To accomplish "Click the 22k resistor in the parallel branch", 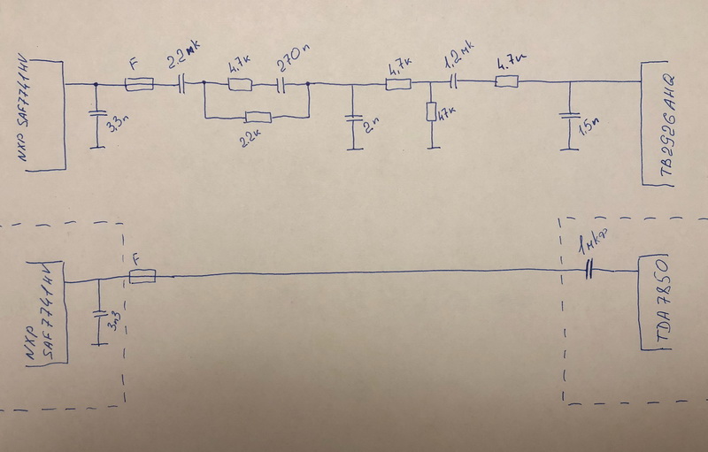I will pyautogui.click(x=258, y=116).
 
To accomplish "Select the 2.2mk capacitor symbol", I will pyautogui.click(x=182, y=84).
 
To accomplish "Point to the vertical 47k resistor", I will pyautogui.click(x=431, y=113).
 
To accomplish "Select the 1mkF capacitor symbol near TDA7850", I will pyautogui.click(x=589, y=273).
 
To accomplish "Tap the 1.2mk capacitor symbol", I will pyautogui.click(x=453, y=84).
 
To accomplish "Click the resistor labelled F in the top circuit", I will pyautogui.click(x=140, y=85).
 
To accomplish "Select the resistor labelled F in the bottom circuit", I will pyautogui.click(x=142, y=278).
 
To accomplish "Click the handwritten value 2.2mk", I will pyautogui.click(x=184, y=61).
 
